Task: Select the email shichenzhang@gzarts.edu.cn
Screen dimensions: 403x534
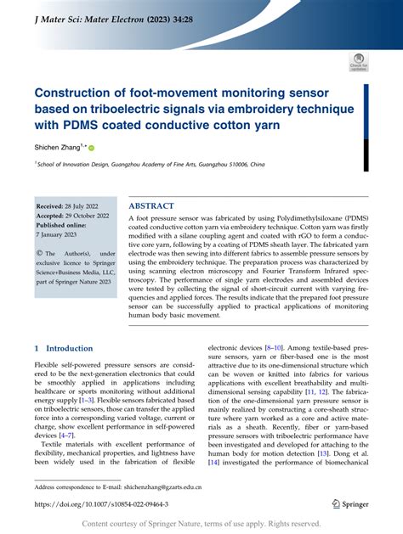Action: pos(182,487)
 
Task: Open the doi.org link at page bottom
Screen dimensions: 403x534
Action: pos(101,503)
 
